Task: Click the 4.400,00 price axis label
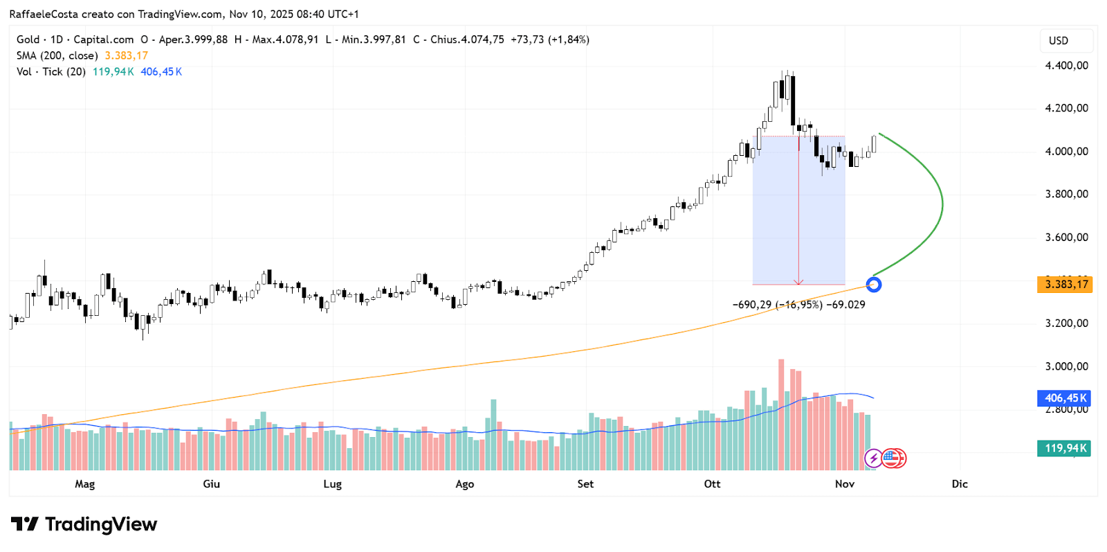1066,66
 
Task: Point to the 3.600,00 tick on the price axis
1066,238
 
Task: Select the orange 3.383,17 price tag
1065,284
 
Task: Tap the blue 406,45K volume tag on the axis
1064,398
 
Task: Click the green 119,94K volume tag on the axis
1064,448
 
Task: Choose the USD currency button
1059,41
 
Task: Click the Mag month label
84,484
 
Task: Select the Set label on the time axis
585,484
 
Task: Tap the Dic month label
960,484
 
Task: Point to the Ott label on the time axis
712,484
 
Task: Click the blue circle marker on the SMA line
874,284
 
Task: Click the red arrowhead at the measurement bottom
799,282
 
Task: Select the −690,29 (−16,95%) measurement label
778,305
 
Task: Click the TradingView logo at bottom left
84,524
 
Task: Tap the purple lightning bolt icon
873,458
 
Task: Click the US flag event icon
890,458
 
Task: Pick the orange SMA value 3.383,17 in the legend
127,56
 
